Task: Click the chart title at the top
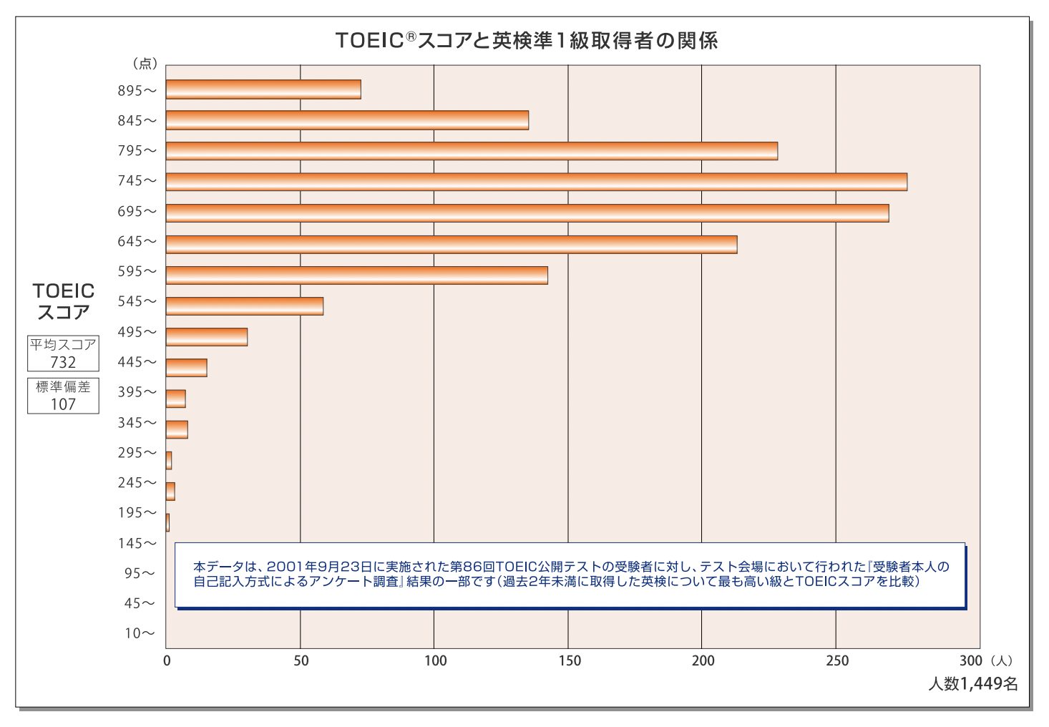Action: click(x=526, y=40)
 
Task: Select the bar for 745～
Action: click(x=536, y=182)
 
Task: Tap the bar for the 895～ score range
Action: click(x=263, y=89)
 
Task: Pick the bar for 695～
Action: click(x=527, y=213)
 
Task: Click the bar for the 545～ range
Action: click(x=245, y=306)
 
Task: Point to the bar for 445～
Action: click(x=187, y=368)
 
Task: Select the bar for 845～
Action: click(x=347, y=120)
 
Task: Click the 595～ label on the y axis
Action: click(x=137, y=272)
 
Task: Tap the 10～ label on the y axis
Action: click(x=140, y=633)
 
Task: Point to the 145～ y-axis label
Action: click(x=137, y=543)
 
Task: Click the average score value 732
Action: click(x=63, y=362)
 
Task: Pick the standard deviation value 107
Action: click(x=63, y=404)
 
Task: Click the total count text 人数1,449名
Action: click(x=972, y=684)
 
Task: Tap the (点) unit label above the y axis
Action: click(x=145, y=64)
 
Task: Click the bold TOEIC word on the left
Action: click(x=63, y=291)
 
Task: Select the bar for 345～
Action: click(x=177, y=429)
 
